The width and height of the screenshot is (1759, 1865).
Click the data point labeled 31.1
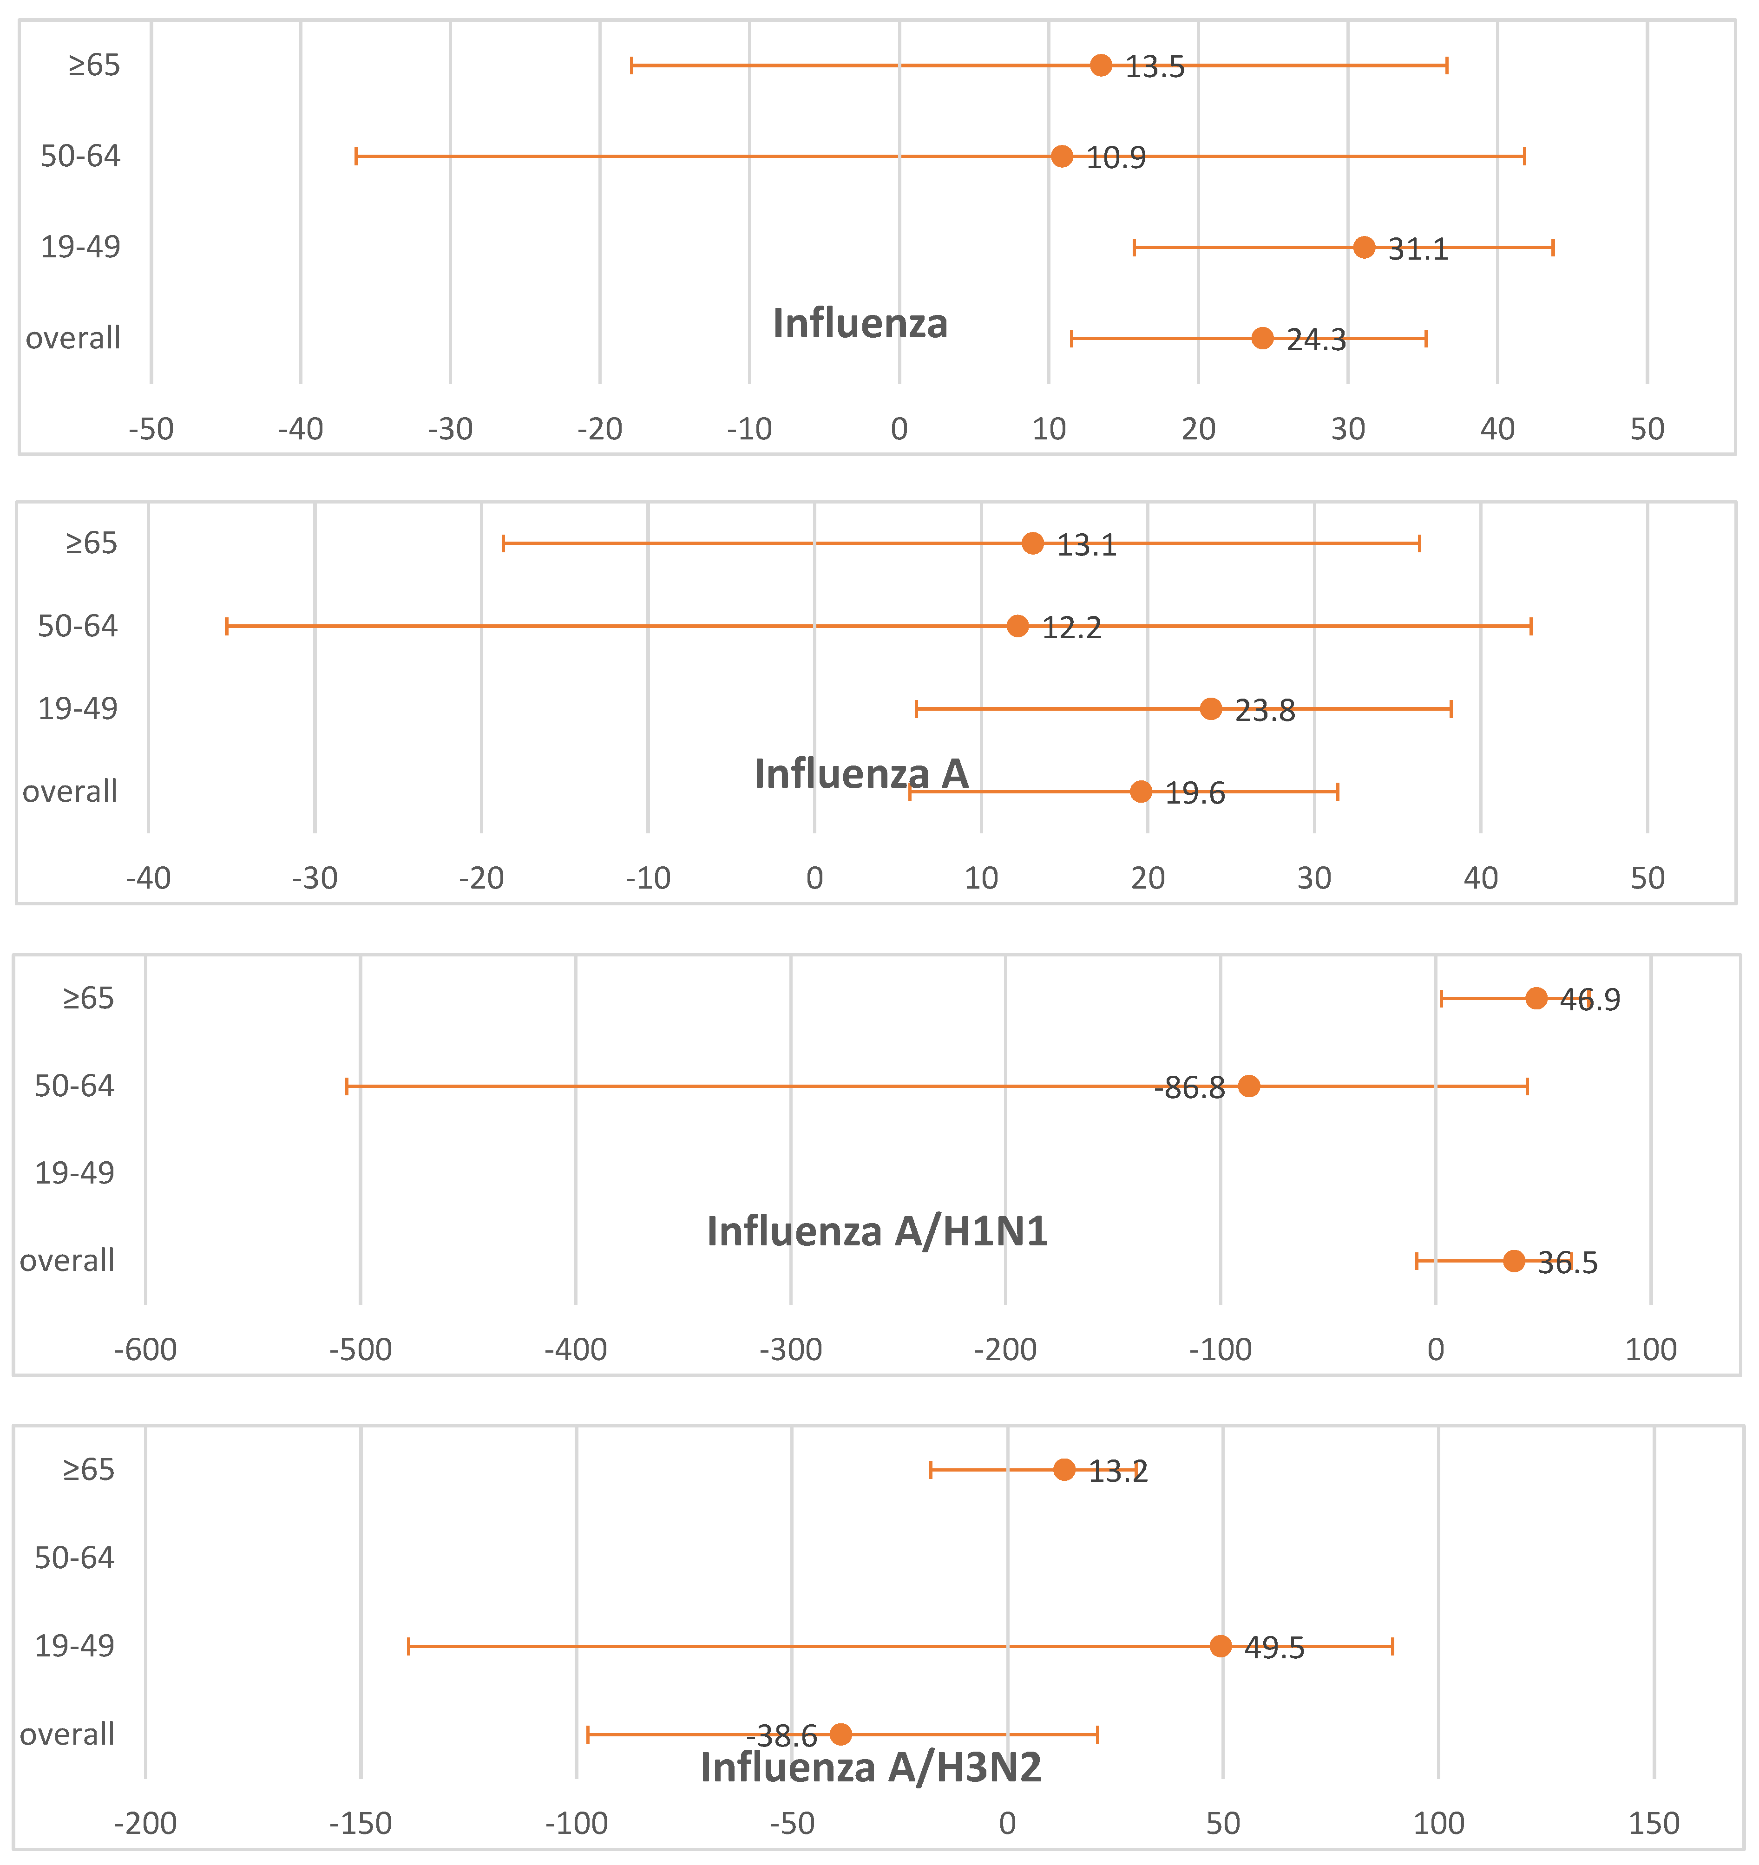coord(1364,248)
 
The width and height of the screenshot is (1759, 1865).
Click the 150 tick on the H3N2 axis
coord(1654,1824)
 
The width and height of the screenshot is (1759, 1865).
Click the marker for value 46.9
coord(1536,998)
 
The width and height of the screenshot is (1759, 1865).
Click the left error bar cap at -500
coord(347,1086)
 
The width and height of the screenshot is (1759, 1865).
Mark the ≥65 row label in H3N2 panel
coord(88,1470)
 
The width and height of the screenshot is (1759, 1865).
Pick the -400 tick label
coord(576,1350)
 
